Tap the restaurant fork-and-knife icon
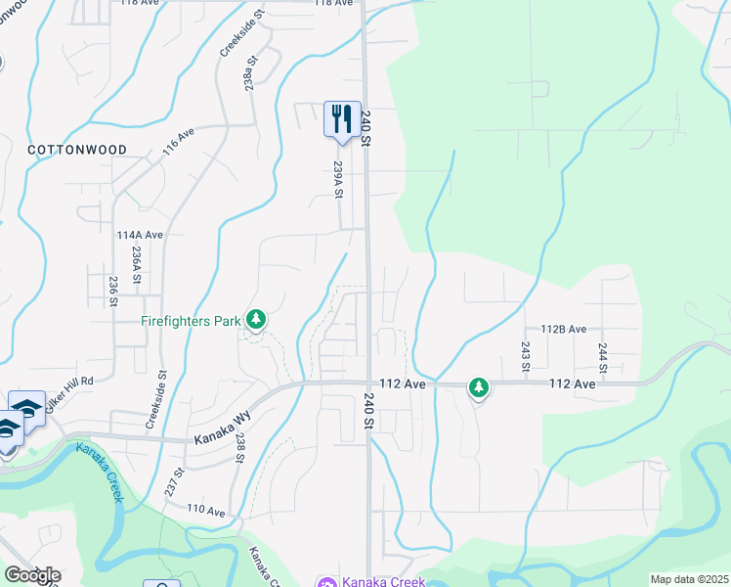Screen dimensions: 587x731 coord(342,118)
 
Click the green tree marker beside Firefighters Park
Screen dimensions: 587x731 coord(256,319)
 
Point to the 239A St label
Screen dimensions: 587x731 coord(338,179)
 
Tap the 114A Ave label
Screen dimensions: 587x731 coord(139,236)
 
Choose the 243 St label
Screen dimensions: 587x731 coord(526,356)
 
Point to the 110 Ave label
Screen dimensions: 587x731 coord(206,511)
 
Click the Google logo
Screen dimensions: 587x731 coord(32,574)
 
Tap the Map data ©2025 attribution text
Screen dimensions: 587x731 coord(688,579)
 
